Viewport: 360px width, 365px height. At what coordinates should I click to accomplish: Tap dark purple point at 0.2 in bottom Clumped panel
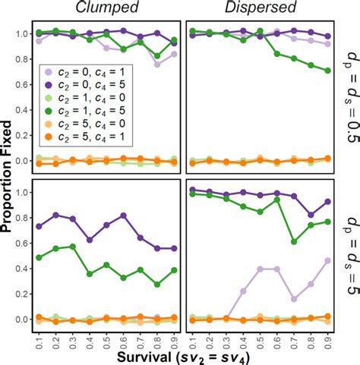pyautogui.click(x=55, y=216)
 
